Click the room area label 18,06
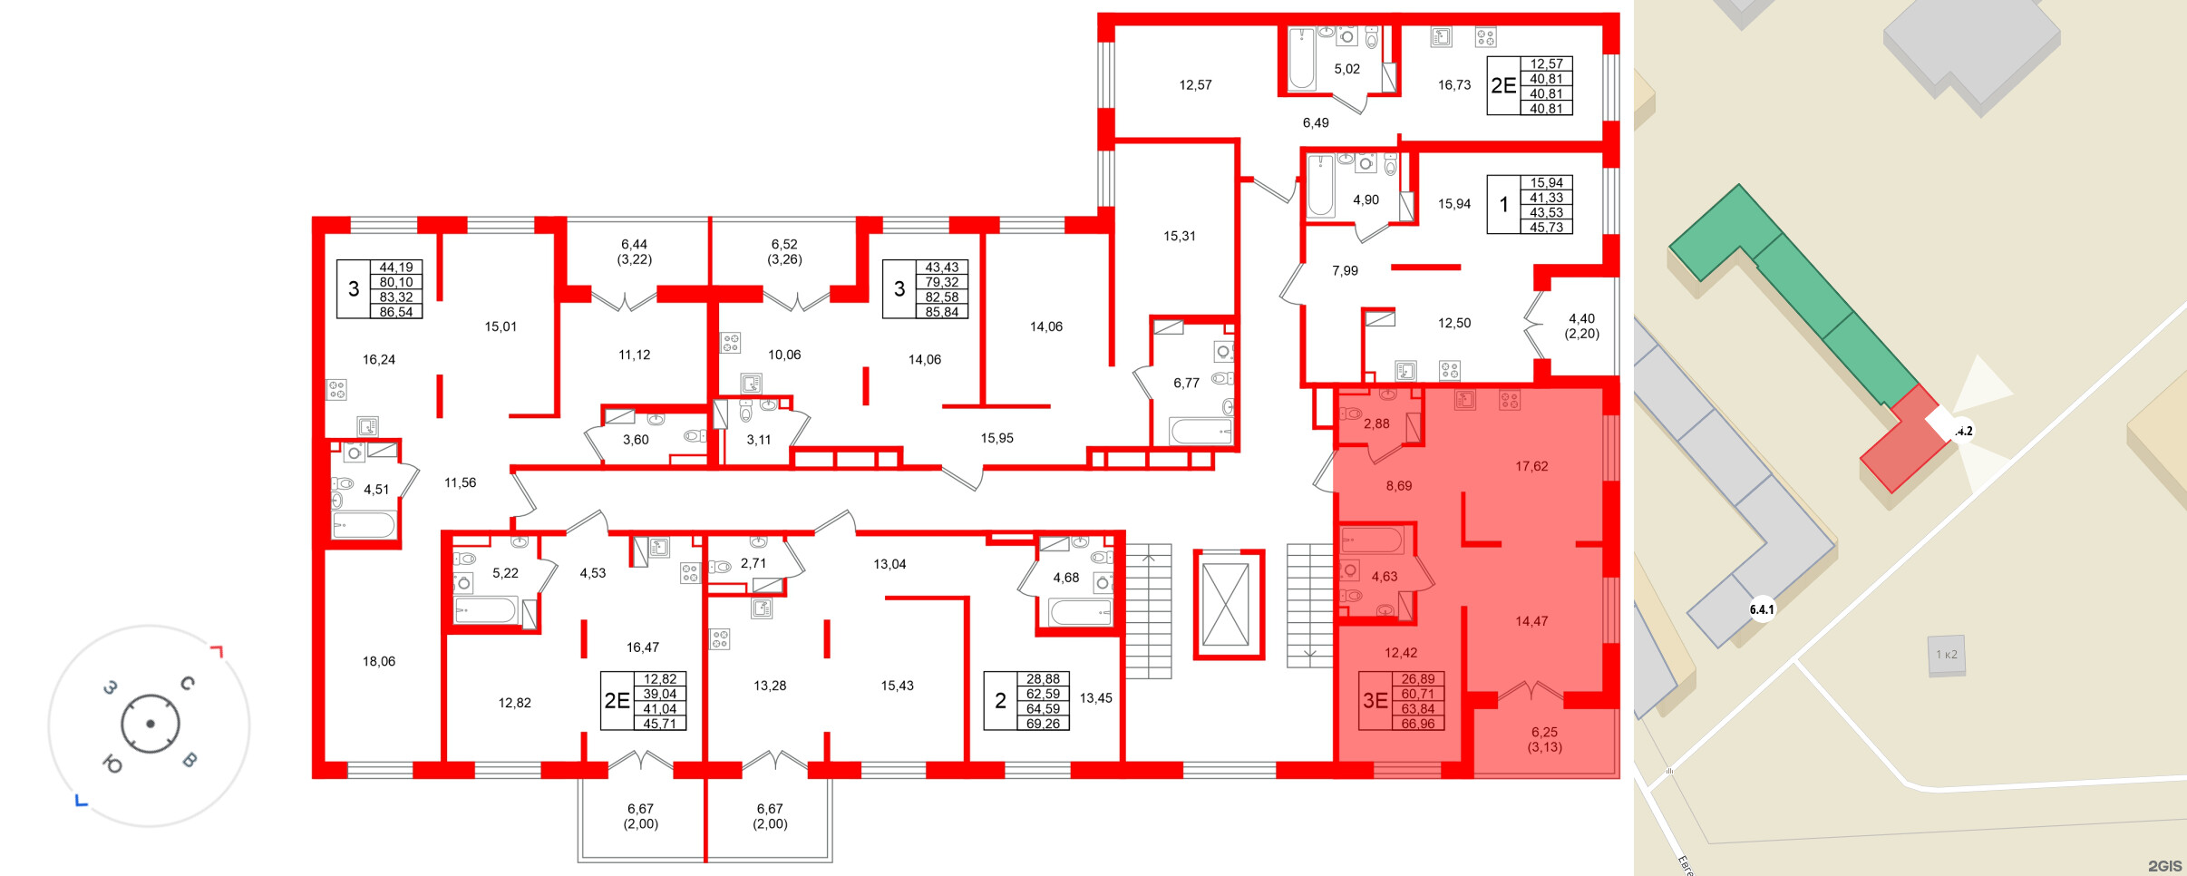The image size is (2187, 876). click(x=379, y=661)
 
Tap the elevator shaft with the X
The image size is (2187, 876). click(x=1226, y=603)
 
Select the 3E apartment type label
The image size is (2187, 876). click(x=1375, y=700)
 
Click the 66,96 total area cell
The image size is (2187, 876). click(x=1418, y=724)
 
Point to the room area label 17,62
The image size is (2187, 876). click(x=1531, y=466)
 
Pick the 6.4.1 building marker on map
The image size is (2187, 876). click(x=1762, y=609)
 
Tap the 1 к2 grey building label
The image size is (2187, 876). click(x=1947, y=655)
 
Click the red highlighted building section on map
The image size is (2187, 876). click(x=1904, y=440)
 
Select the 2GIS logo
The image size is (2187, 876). click(x=2164, y=866)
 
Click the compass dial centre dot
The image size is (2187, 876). click(x=151, y=724)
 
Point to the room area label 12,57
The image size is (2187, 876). click(x=1195, y=85)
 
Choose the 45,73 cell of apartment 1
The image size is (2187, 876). click(x=1547, y=228)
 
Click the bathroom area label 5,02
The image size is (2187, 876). click(x=1346, y=69)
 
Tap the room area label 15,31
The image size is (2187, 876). click(x=1180, y=236)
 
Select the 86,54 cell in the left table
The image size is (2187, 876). click(x=396, y=312)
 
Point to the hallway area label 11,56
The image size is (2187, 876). click(x=460, y=482)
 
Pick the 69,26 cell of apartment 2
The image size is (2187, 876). click(x=1043, y=724)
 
